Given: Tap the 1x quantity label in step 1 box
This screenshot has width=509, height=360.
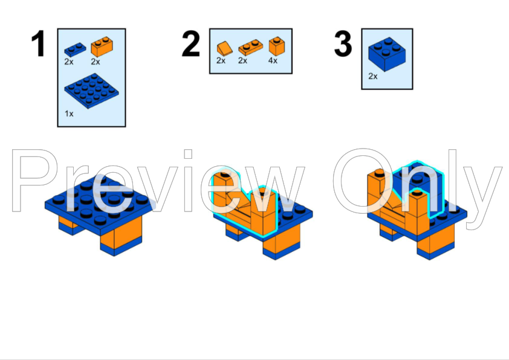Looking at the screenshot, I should coord(69,114).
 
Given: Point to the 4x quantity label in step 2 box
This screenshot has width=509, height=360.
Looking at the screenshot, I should coord(273,60).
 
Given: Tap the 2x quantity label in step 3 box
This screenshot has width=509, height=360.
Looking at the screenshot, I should coord(372,76).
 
